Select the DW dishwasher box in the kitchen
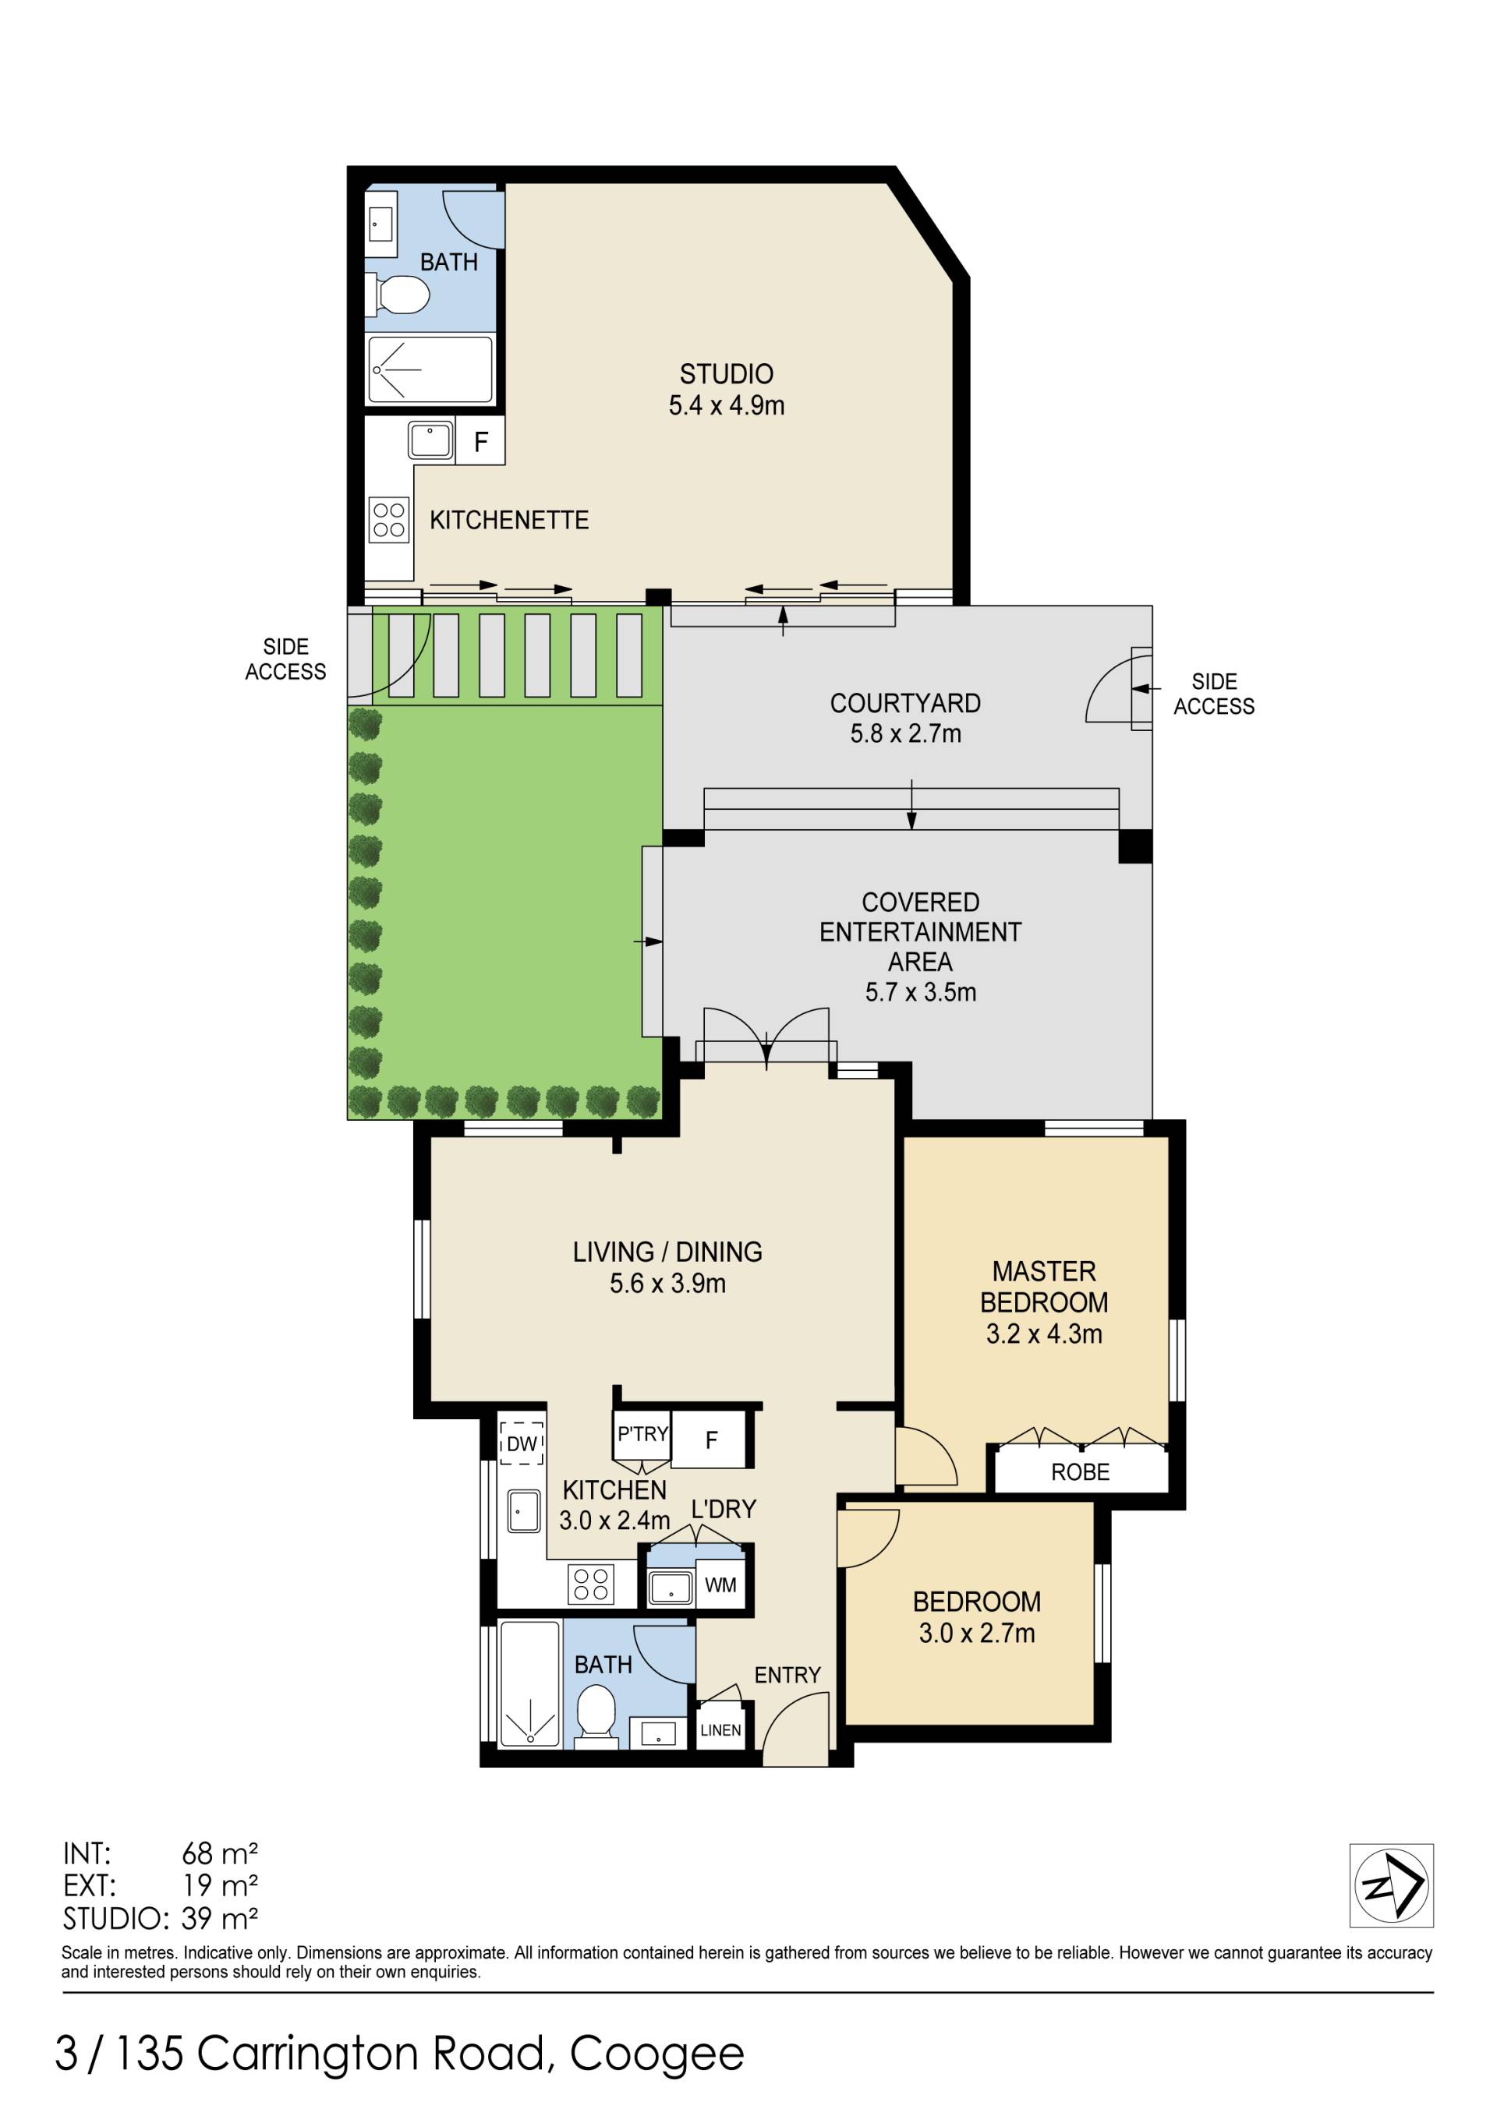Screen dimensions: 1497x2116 [522, 1443]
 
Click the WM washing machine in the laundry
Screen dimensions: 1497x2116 [721, 1584]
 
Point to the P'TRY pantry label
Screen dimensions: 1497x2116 [642, 1434]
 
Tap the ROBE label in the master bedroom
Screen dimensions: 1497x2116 [1081, 1471]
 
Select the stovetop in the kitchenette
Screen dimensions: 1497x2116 [389, 519]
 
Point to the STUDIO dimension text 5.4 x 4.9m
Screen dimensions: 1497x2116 [727, 405]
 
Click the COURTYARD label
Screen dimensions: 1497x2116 [905, 703]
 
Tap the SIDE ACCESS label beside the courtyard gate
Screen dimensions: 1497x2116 [1214, 694]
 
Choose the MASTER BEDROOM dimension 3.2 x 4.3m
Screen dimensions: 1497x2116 [1045, 1334]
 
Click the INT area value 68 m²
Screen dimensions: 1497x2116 [219, 1853]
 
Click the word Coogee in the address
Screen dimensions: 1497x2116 [657, 2051]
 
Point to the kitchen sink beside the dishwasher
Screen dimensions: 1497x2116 [524, 1510]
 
